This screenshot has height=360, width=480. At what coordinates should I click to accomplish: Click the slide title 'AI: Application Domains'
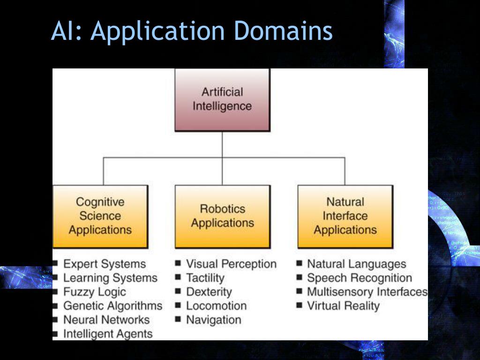(192, 31)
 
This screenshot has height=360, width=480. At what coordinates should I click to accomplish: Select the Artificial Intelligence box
(222, 99)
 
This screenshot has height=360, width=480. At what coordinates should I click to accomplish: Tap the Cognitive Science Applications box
(100, 216)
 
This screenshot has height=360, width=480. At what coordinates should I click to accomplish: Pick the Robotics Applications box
(222, 216)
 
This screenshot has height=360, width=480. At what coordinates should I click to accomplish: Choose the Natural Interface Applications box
(345, 216)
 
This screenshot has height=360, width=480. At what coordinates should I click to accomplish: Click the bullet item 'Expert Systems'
(105, 264)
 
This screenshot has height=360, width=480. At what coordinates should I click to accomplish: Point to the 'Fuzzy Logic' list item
(95, 292)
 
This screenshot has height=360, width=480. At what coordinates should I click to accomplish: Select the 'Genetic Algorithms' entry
(112, 306)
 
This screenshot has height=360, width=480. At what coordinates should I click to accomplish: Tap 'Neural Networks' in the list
(106, 320)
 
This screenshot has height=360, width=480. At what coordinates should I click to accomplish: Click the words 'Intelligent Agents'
(108, 334)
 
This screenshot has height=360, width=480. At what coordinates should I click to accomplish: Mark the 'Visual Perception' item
(231, 264)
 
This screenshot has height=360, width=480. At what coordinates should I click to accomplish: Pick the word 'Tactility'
(205, 278)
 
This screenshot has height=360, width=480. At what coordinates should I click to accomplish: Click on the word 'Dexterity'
(209, 292)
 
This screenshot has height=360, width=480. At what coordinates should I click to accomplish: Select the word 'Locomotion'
(216, 306)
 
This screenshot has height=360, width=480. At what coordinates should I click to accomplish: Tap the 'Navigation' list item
(213, 320)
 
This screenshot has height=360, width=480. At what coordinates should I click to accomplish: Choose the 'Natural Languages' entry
(356, 264)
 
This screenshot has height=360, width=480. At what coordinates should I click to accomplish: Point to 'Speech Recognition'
(359, 278)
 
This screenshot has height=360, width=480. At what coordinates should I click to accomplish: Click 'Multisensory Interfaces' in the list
(367, 292)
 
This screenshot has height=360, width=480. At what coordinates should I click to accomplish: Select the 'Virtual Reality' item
(343, 306)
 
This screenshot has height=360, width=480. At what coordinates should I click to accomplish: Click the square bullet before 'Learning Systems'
(56, 277)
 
